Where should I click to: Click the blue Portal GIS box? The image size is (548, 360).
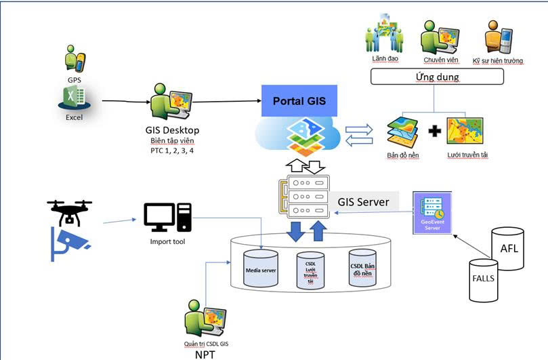click(299, 101)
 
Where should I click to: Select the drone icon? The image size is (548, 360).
click(70, 211)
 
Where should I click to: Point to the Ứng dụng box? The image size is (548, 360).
click(436, 77)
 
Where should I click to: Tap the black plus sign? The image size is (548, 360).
click(436, 129)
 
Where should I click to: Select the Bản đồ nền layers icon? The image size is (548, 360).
click(402, 132)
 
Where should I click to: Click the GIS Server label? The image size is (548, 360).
click(364, 201)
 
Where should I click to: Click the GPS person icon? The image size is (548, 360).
click(75, 58)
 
